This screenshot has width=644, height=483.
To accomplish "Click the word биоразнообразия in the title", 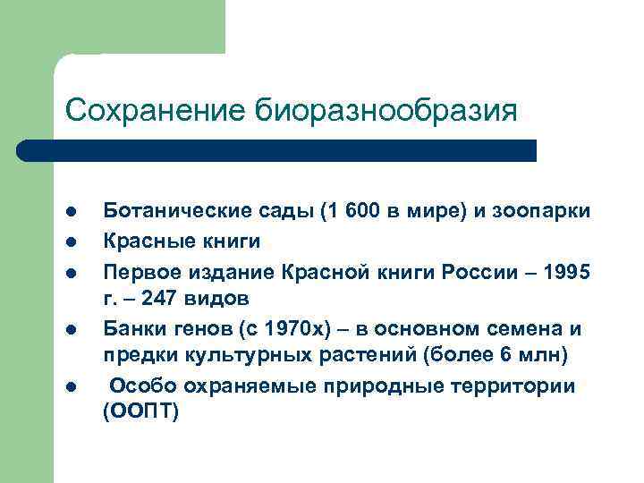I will [386, 111].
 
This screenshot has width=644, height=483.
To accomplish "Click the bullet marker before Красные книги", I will [71, 241].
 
